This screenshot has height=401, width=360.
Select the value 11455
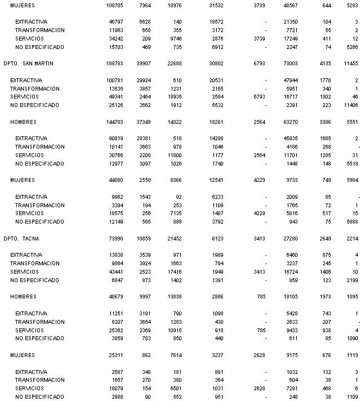(352, 64)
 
